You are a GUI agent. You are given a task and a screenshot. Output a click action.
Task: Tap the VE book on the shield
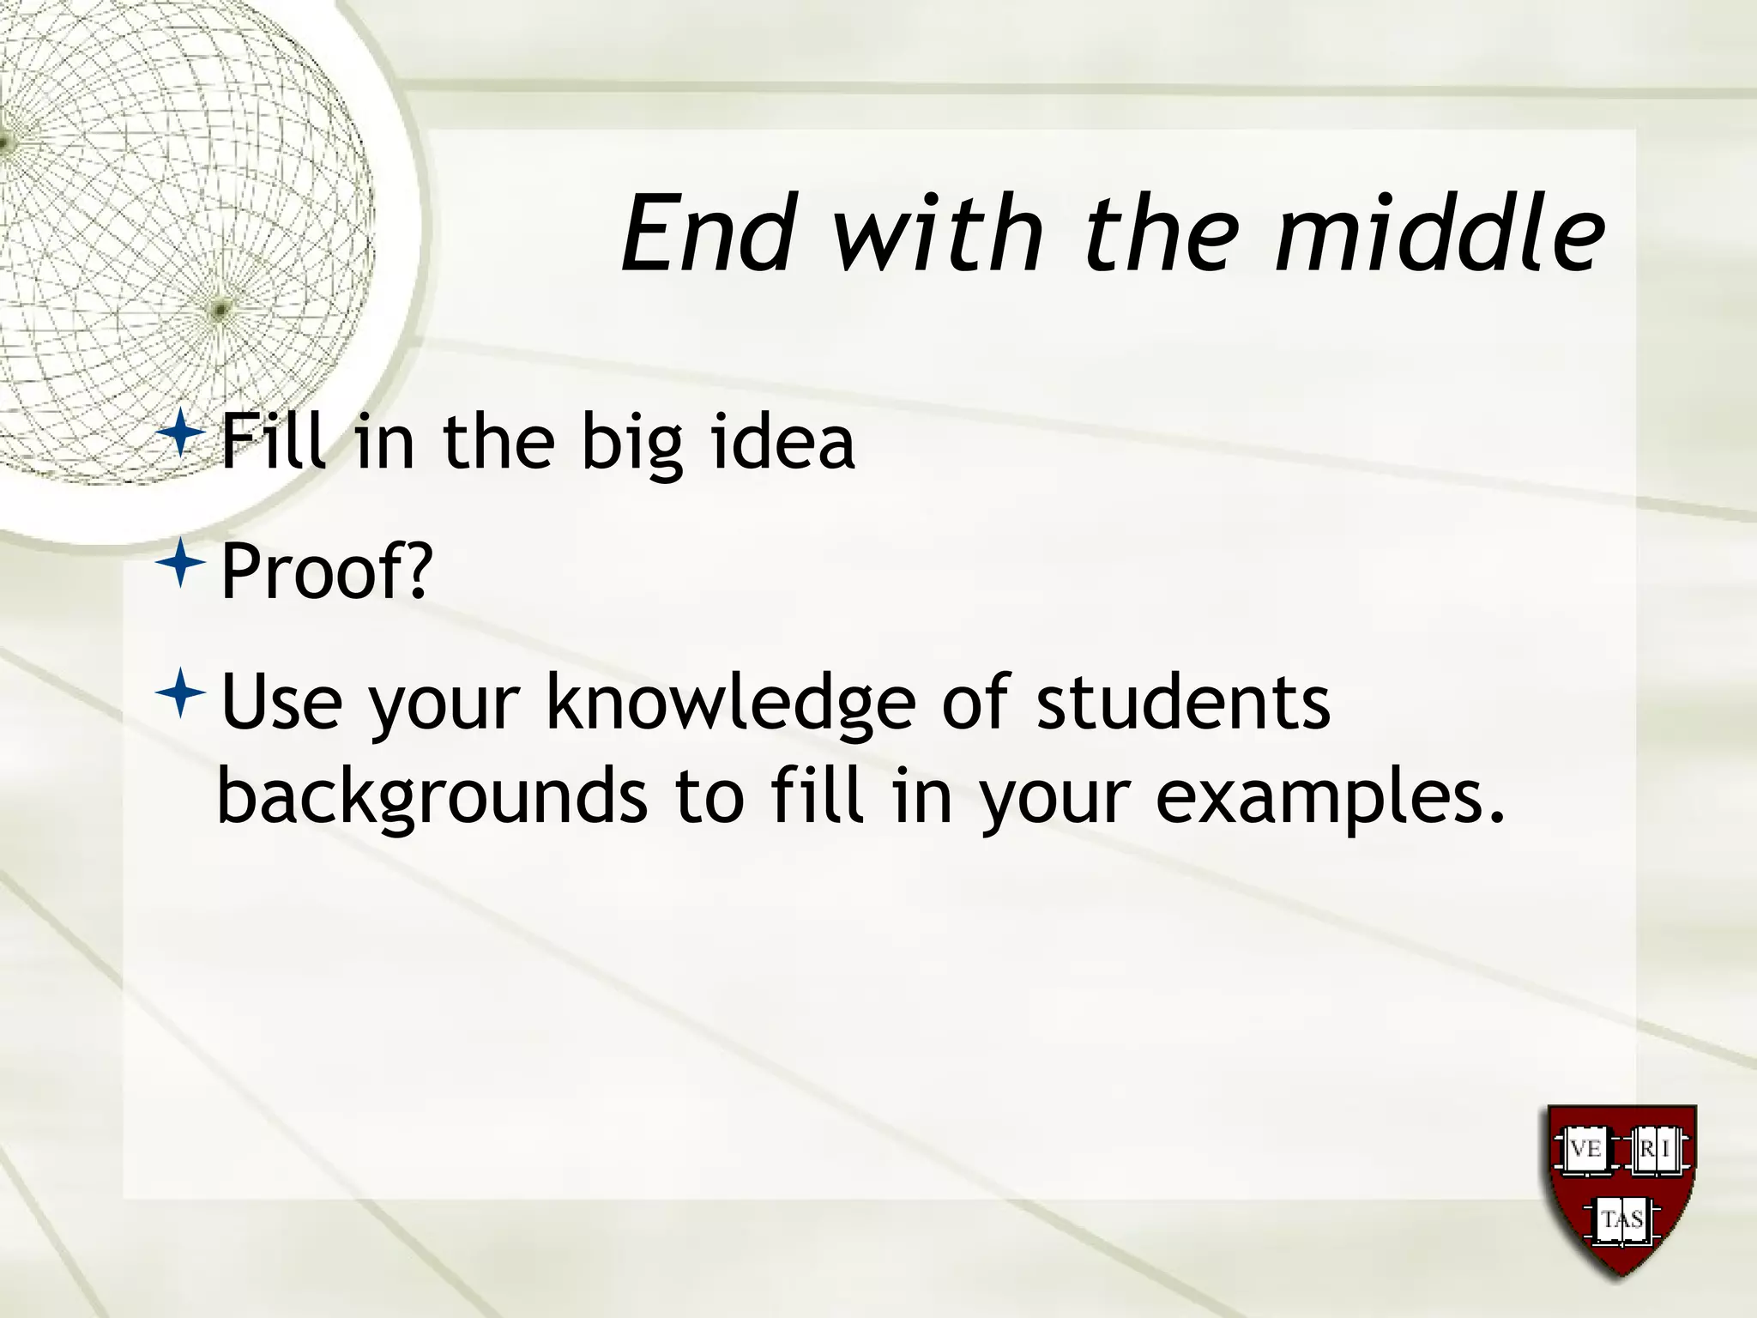[1585, 1149]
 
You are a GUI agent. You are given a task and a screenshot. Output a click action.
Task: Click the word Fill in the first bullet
[274, 443]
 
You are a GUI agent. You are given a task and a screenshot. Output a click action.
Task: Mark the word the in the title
[1158, 233]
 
